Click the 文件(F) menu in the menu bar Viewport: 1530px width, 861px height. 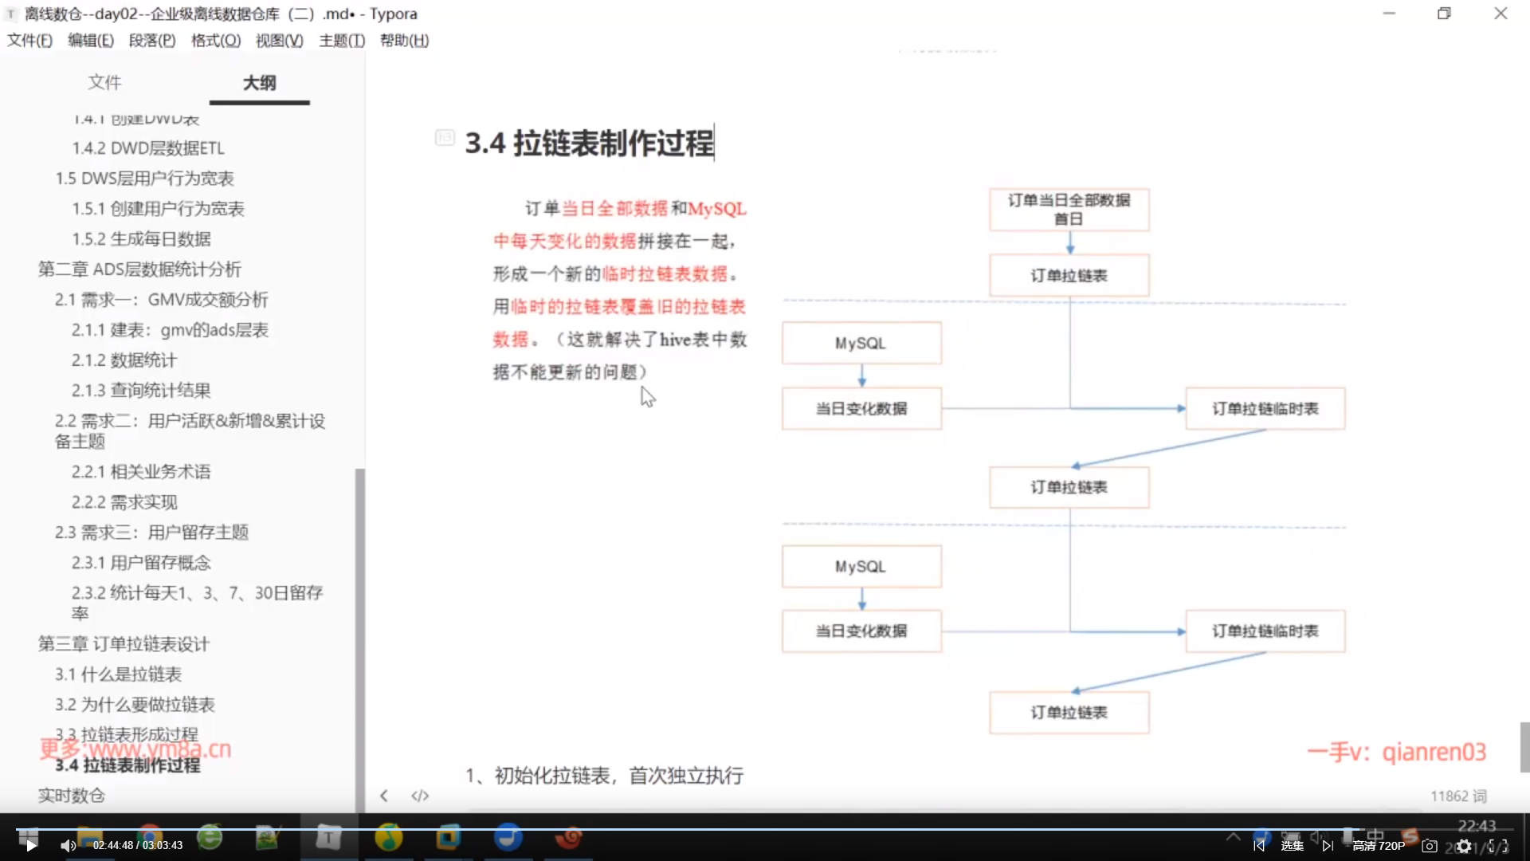29,41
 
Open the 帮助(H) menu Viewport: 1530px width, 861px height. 404,41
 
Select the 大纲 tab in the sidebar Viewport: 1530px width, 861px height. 259,83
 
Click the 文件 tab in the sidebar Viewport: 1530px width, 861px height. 104,82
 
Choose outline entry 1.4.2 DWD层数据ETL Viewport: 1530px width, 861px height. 148,148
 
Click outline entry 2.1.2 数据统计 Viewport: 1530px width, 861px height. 124,360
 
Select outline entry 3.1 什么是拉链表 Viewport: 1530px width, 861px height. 118,674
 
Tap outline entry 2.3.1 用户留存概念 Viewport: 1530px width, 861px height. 140,563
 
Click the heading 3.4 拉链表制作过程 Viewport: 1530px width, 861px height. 589,143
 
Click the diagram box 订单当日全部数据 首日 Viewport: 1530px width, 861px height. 1069,209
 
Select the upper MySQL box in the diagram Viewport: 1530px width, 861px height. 861,344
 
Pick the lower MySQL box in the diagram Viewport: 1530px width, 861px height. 861,567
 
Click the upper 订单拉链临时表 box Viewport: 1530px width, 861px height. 1265,409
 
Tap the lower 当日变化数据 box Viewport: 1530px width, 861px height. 861,631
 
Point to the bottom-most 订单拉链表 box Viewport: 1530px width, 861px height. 1069,713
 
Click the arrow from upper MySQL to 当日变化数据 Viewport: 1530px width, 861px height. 861,375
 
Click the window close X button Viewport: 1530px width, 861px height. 1501,14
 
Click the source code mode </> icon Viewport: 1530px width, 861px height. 420,796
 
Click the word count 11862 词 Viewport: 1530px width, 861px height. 1458,796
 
